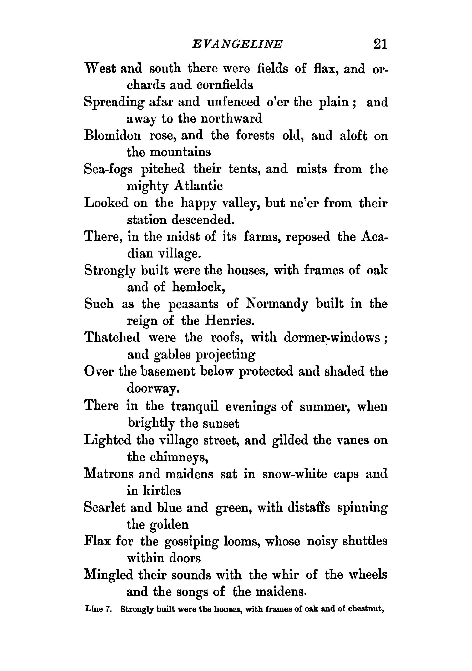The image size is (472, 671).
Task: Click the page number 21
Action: click(x=380, y=44)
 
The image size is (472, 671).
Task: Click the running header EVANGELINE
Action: click(x=237, y=44)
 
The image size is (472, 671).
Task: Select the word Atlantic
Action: click(x=198, y=186)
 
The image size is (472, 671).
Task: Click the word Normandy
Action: click(x=277, y=304)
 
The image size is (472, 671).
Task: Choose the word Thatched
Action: click(x=112, y=337)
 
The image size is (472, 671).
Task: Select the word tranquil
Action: click(x=195, y=406)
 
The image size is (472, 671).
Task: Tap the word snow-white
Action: click(x=295, y=474)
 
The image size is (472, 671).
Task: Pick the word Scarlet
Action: click(x=105, y=508)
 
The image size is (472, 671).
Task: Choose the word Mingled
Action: click(x=108, y=575)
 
